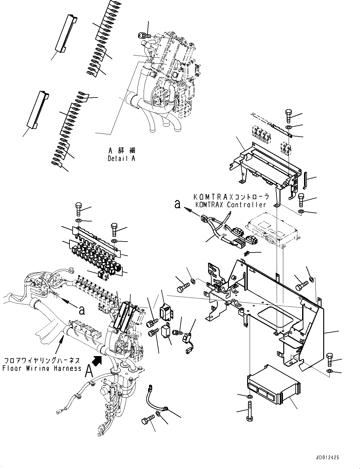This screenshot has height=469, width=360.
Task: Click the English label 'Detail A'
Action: (x=121, y=159)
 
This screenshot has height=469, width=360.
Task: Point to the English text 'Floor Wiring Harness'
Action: (x=42, y=368)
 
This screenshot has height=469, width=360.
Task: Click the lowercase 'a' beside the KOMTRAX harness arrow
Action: (x=178, y=204)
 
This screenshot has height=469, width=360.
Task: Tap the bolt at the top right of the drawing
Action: (x=289, y=116)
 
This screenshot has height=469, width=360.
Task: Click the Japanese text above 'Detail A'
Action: (x=121, y=151)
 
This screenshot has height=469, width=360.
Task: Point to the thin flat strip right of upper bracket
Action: (x=305, y=179)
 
